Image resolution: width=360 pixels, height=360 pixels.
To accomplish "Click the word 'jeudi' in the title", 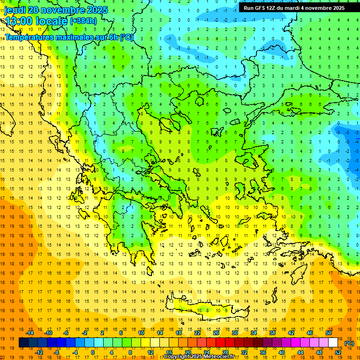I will (15, 10).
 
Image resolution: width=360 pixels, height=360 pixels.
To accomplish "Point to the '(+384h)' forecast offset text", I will (83, 21).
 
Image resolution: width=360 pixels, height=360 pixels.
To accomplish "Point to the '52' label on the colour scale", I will (338, 352).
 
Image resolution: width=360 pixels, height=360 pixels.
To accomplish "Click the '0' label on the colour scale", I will (93, 352).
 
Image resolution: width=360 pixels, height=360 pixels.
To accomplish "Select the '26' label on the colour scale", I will (217, 333).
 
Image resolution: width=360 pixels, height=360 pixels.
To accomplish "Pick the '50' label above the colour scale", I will (329, 333).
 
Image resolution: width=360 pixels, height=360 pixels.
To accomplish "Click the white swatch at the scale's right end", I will (333, 343).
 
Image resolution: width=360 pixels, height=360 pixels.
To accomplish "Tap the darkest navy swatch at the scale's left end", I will (23, 343).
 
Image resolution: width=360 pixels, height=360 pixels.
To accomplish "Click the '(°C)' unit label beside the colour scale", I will (349, 343).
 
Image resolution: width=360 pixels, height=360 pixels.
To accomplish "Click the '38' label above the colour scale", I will (272, 333).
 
